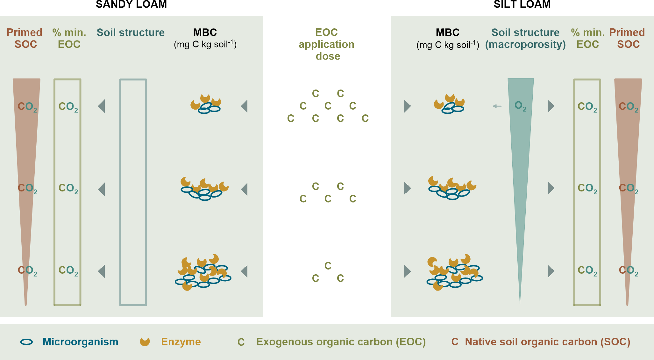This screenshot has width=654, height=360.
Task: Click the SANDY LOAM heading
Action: pyautogui.click(x=131, y=4)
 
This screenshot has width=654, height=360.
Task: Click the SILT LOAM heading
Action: pyautogui.click(x=522, y=4)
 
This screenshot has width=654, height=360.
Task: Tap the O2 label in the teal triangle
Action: pyautogui.click(x=520, y=106)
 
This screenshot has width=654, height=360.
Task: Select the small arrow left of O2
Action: pyautogui.click(x=497, y=106)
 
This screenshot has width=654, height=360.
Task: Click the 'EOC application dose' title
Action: pyautogui.click(x=327, y=44)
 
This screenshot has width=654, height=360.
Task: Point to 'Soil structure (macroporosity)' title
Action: pyautogui.click(x=525, y=38)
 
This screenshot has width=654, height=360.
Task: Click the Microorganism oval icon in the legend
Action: pyautogui.click(x=26, y=342)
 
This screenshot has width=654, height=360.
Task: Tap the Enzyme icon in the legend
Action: pyautogui.click(x=145, y=342)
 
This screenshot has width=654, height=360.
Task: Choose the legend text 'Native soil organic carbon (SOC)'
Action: pyautogui.click(x=547, y=342)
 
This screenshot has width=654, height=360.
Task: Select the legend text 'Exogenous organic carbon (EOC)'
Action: pyautogui.click(x=341, y=342)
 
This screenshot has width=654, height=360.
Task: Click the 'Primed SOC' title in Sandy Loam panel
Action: pyautogui.click(x=25, y=38)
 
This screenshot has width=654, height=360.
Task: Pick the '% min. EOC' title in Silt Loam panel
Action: pyautogui.click(x=588, y=38)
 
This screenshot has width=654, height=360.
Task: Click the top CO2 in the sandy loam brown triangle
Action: pyautogui.click(x=27, y=106)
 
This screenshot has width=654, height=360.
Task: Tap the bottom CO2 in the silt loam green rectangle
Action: pyautogui.click(x=587, y=270)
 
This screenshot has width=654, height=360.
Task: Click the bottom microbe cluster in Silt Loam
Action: pyautogui.click(x=454, y=272)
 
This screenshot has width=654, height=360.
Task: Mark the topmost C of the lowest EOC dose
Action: pyautogui.click(x=328, y=266)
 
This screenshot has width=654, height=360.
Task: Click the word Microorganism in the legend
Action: pyautogui.click(x=80, y=342)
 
